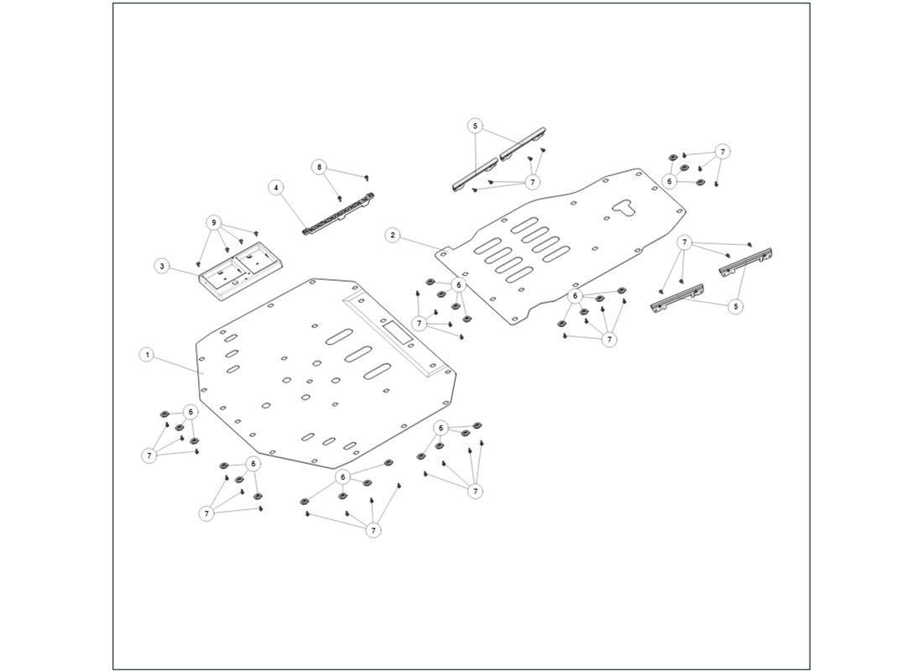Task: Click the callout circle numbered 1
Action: click(147, 356)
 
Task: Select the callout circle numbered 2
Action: click(393, 235)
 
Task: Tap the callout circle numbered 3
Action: click(160, 266)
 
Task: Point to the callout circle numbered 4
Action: click(274, 187)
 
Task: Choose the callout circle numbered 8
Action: click(319, 167)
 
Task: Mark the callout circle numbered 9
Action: click(215, 223)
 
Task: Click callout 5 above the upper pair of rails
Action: click(476, 126)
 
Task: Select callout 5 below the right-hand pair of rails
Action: click(736, 307)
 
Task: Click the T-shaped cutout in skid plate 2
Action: click(625, 206)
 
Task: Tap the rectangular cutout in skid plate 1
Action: click(398, 329)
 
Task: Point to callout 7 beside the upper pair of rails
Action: click(532, 181)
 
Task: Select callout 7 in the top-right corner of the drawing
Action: click(722, 152)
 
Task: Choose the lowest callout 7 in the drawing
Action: click(373, 530)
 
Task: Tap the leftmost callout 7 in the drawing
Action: click(149, 455)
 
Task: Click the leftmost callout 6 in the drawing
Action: click(191, 412)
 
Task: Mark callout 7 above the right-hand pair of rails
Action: click(686, 243)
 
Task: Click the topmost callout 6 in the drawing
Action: click(669, 180)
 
